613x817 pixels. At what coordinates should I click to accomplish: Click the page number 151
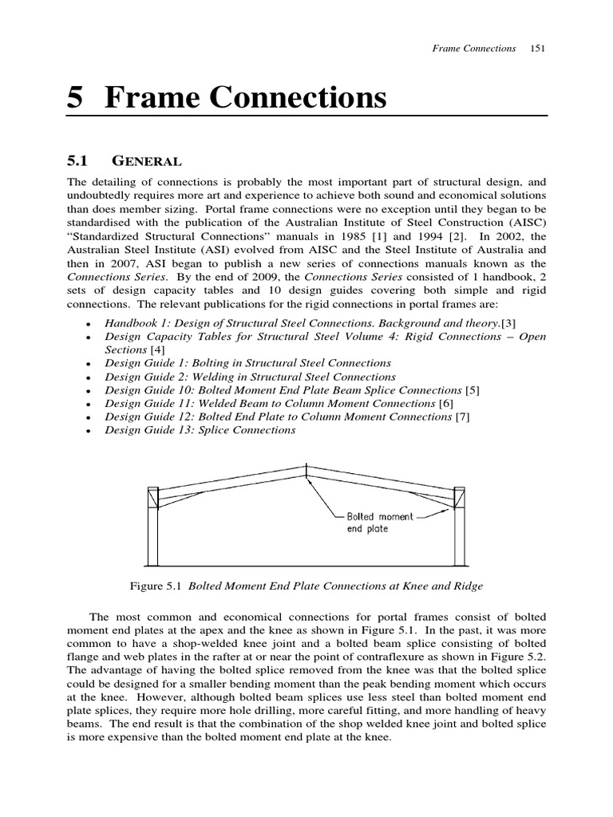(x=537, y=49)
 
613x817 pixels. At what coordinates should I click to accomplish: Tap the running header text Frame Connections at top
(x=473, y=49)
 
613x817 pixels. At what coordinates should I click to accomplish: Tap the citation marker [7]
(x=462, y=416)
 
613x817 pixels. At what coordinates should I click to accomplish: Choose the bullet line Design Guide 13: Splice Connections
(x=200, y=430)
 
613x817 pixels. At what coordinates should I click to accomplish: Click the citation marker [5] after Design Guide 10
(x=474, y=390)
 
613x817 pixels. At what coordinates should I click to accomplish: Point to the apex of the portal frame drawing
(x=306, y=467)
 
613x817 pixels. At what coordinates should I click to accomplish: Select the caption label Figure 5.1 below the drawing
(x=158, y=586)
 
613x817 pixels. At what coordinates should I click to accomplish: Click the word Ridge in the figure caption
(x=466, y=586)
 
